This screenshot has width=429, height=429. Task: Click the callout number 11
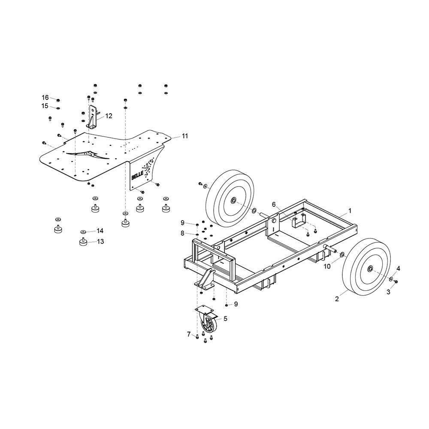(x=185, y=136)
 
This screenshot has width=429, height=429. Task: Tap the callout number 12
(x=109, y=116)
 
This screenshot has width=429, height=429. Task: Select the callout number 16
(x=45, y=98)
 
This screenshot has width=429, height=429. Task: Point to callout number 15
(x=45, y=106)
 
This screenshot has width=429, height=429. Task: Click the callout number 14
(x=100, y=231)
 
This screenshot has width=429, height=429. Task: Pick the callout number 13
(x=100, y=242)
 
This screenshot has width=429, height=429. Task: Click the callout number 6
(x=274, y=204)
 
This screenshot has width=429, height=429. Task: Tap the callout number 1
(x=350, y=211)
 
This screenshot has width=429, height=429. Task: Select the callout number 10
(x=327, y=266)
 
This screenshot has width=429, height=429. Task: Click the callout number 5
(x=226, y=318)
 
